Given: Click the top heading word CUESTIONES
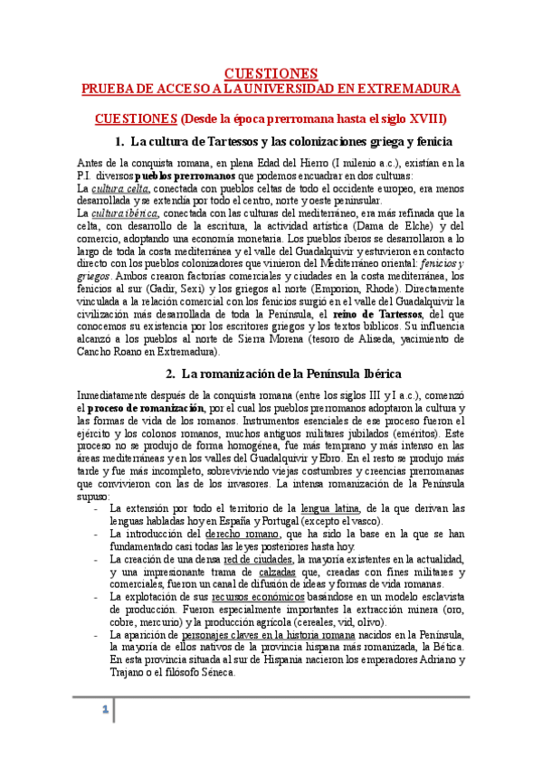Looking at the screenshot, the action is pos(271,72).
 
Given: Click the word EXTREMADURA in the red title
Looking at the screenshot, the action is pos(414,89).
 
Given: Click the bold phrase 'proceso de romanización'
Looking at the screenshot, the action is pos(133,408).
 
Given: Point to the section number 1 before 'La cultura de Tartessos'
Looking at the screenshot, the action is pos(119,142).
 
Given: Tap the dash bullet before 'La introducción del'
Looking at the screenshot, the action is pos(95,535).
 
